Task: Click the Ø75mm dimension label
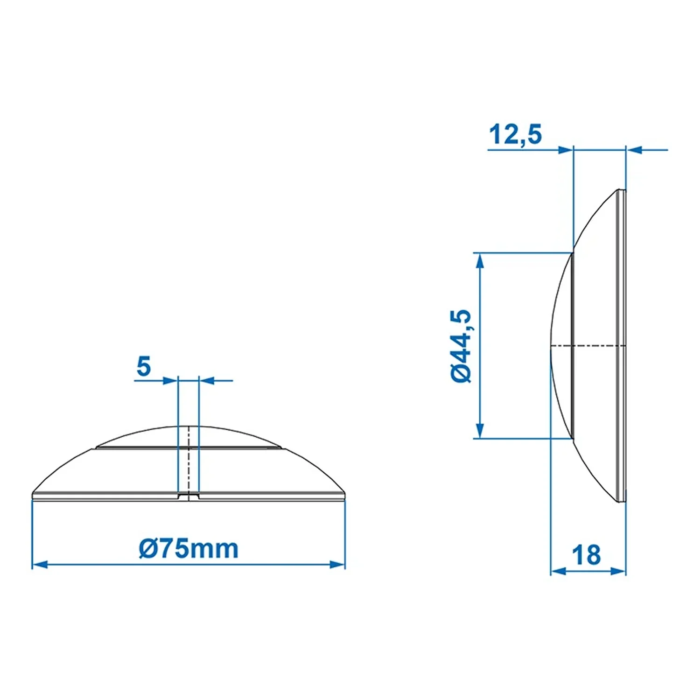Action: coord(189,548)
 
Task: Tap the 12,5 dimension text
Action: coord(515,134)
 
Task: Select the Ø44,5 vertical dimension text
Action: coord(462,346)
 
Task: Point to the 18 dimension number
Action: coord(586,555)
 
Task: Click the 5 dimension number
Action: coord(144,366)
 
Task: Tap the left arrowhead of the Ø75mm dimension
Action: coord(39,565)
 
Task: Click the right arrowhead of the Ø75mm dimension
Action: coord(337,565)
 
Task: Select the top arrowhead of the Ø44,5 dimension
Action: coord(480,261)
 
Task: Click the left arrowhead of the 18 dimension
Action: coord(559,571)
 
